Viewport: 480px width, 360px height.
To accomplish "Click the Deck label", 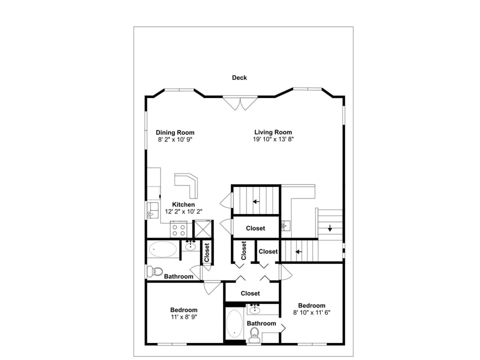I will coord(239,77).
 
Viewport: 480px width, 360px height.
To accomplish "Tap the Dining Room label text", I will coord(175,132).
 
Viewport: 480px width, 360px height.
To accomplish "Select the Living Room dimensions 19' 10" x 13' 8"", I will coord(272,139).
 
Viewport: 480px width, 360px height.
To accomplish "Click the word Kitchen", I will coord(183,204).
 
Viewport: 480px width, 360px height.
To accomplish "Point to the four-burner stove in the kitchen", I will coord(179,230).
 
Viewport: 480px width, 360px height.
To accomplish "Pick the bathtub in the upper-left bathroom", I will coord(163,249).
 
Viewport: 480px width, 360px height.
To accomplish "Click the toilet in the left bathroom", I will coord(154,271).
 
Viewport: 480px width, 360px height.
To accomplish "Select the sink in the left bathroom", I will coord(190,245).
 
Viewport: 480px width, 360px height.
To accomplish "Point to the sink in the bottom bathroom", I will coord(255,309).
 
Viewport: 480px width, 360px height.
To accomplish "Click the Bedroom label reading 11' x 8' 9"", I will coord(183,313).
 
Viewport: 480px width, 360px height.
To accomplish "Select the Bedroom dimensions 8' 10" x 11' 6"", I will coord(311,312).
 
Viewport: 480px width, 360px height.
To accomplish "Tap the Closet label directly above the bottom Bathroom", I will coord(250,293).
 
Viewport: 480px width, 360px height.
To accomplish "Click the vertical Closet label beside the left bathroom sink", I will coord(206,252).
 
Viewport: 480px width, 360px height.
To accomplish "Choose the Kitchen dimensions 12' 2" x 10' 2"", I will coord(183,211).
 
